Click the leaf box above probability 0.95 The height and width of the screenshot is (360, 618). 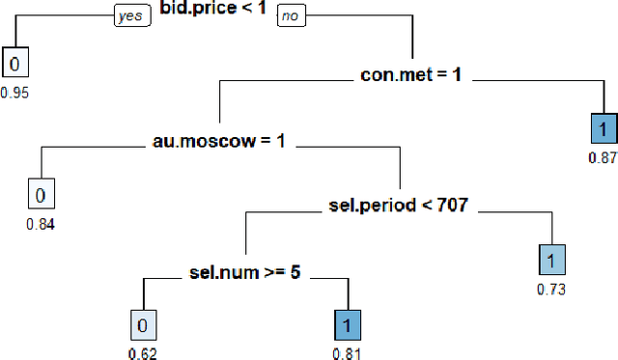(x=15, y=64)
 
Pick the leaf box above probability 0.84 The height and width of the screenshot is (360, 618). (x=41, y=195)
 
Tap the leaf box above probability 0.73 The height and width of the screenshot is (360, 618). (x=550, y=261)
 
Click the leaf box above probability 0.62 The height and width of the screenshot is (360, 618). (x=141, y=326)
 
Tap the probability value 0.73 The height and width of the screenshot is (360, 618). (x=550, y=288)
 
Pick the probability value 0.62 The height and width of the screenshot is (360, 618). (x=141, y=352)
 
